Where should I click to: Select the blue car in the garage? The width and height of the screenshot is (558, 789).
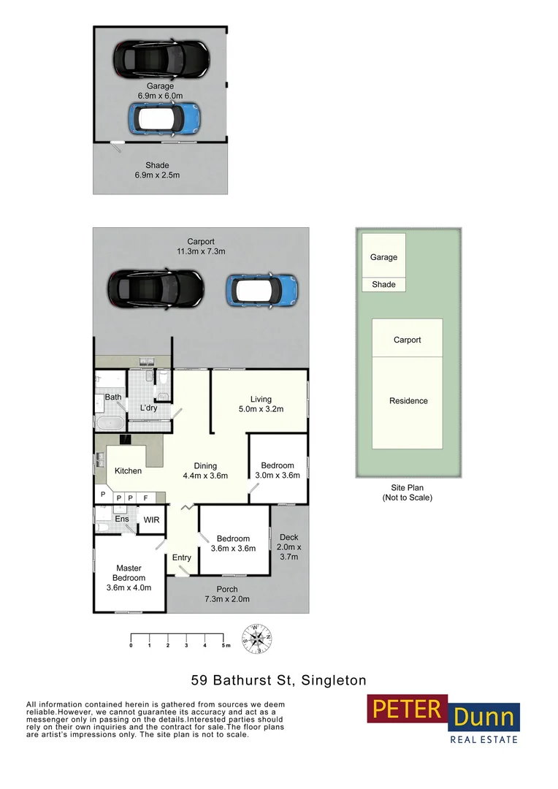click(164, 118)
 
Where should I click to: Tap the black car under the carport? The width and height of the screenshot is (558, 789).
click(156, 289)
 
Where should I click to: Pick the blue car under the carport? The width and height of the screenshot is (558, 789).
click(261, 289)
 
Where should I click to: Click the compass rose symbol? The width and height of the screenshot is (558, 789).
click(256, 639)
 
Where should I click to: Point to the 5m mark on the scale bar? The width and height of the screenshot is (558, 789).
click(223, 646)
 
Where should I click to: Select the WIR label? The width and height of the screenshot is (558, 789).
click(152, 520)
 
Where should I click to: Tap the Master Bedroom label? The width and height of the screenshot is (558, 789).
click(129, 577)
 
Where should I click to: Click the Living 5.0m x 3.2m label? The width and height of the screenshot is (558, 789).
click(261, 404)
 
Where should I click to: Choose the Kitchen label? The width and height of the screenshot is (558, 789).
click(128, 470)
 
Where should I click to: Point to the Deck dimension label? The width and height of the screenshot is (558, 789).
click(288, 546)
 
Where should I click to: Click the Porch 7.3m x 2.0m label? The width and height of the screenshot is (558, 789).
click(226, 594)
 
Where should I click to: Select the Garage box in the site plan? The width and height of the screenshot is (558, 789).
click(383, 256)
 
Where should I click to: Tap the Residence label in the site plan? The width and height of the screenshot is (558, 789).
click(408, 400)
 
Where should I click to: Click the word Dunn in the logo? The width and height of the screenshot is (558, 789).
click(484, 717)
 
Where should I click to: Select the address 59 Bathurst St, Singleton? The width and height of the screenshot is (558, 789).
click(278, 680)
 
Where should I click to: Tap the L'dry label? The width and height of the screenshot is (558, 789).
click(148, 408)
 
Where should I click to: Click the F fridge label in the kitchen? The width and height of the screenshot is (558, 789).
click(145, 498)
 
